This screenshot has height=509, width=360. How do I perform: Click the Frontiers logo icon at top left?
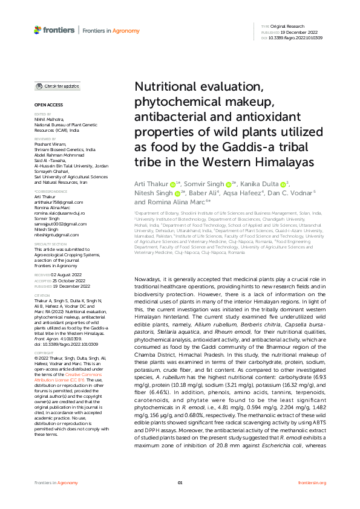point(38,30)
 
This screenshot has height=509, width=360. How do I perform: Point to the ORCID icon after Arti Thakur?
point(172,184)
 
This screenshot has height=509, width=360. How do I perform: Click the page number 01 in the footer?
point(180,483)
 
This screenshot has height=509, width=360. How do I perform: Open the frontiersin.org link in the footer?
point(313,483)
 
